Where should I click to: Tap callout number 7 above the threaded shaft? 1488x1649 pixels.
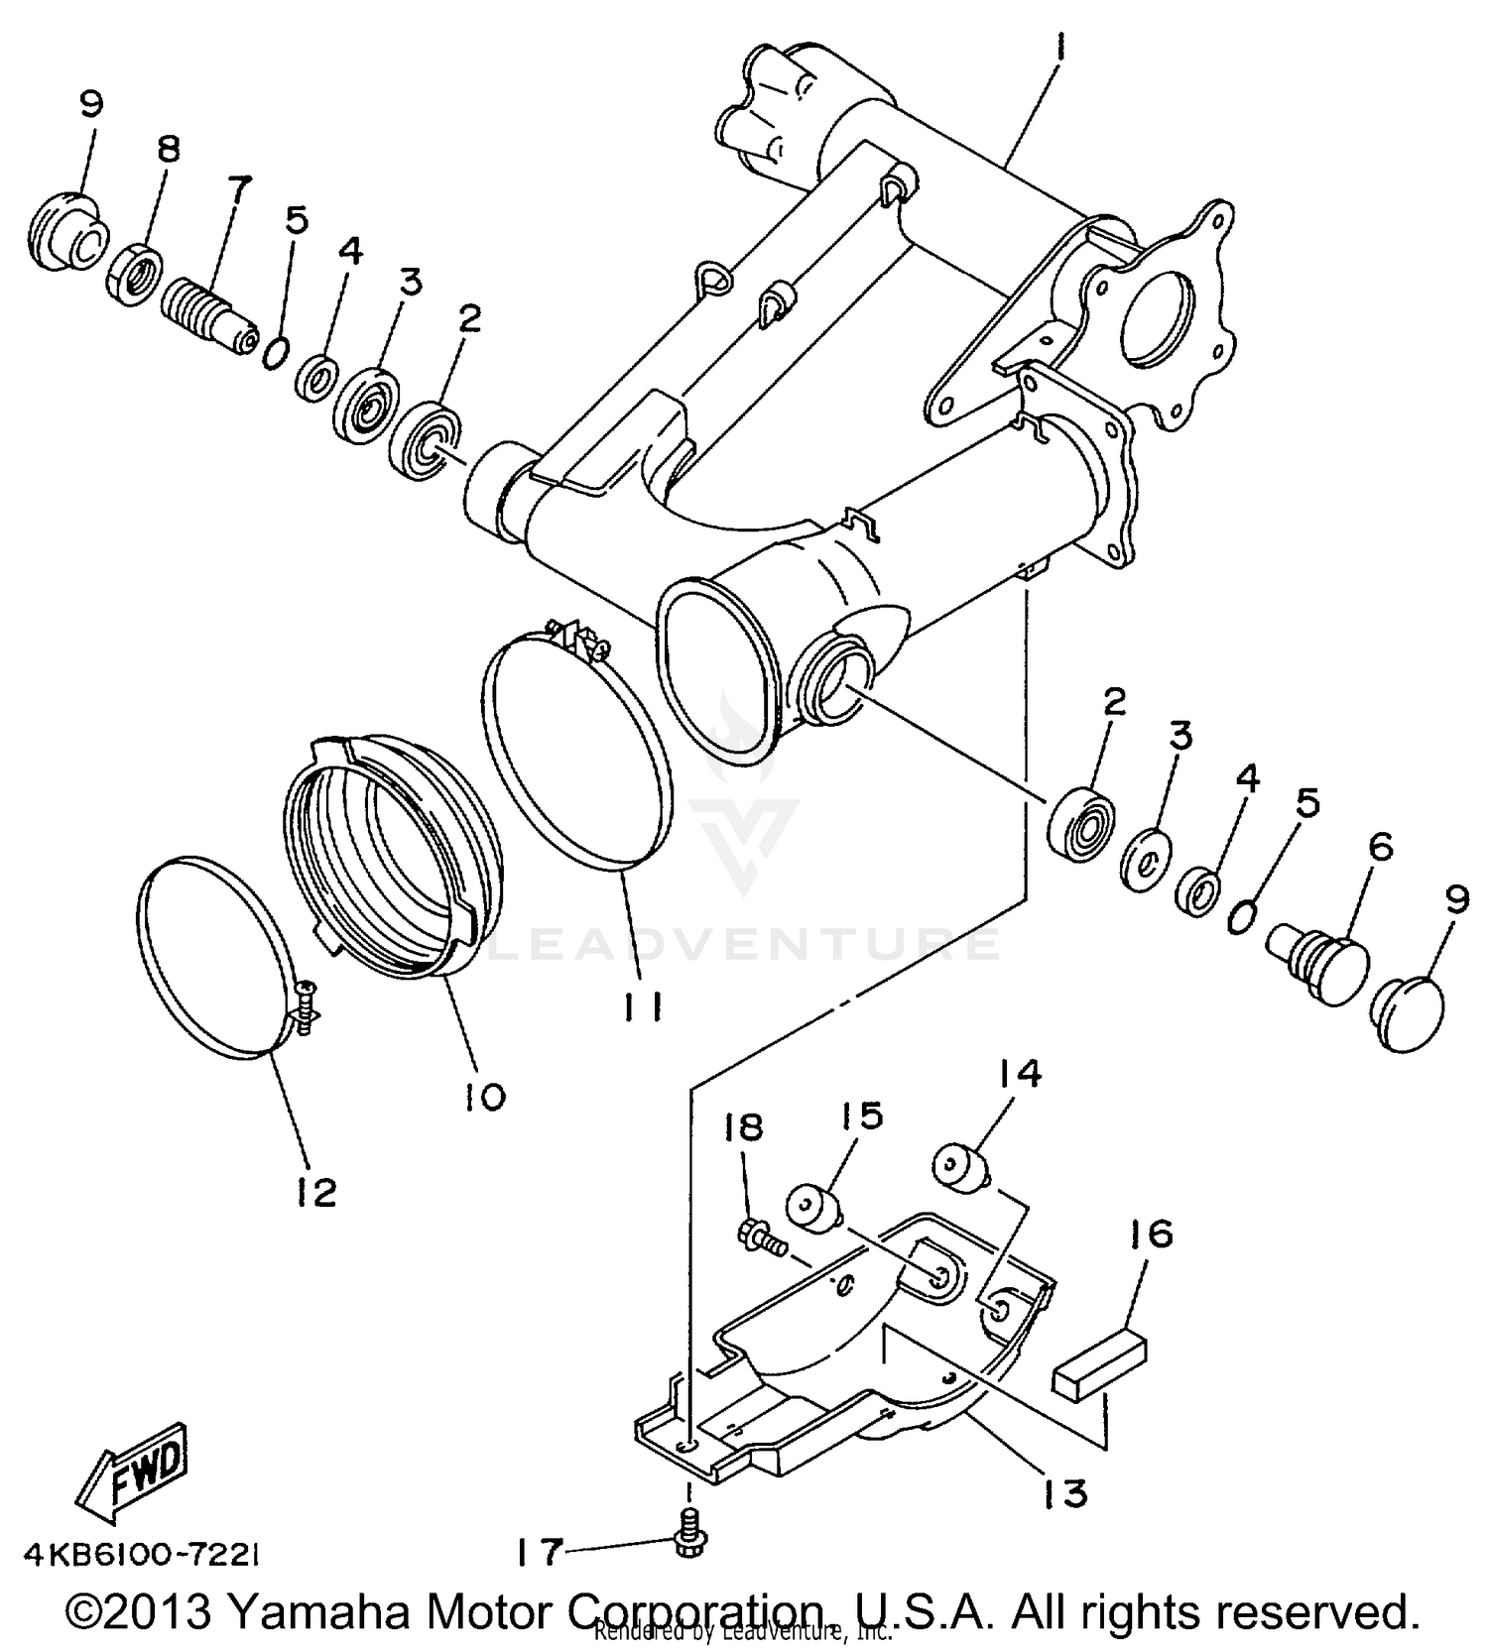pos(239,188)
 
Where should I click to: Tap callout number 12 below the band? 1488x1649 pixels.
pos(316,1191)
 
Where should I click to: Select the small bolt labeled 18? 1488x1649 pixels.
pos(761,1236)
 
